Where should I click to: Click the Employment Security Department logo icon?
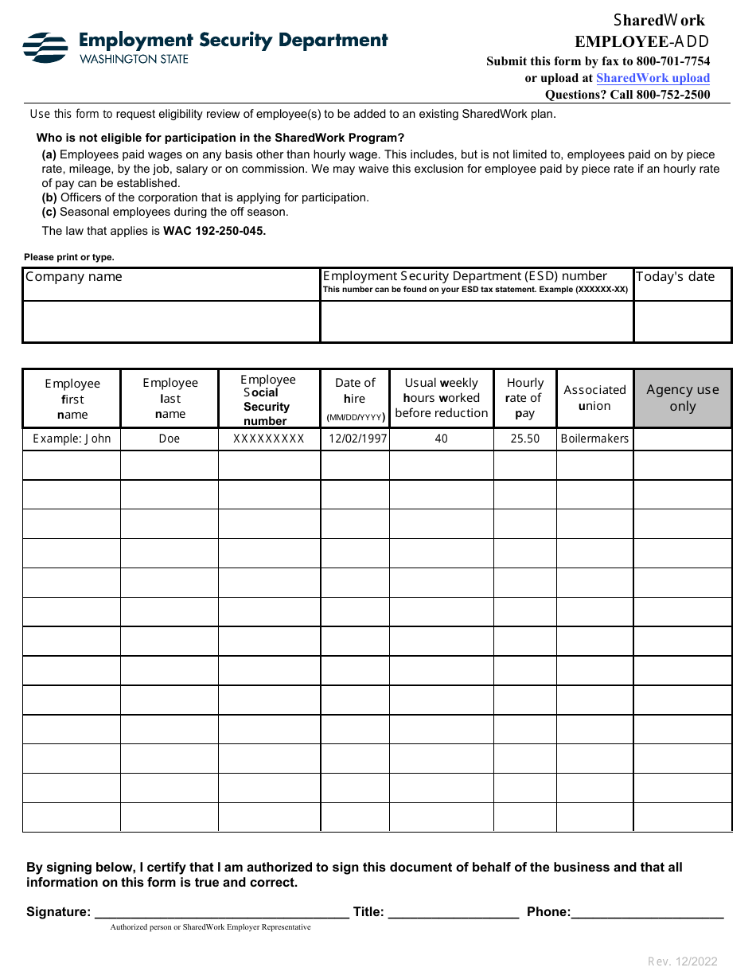click(x=45, y=48)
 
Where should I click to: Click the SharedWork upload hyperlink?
click(x=653, y=78)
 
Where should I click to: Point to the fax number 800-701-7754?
click(x=673, y=61)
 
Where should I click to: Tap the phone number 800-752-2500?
click(x=672, y=95)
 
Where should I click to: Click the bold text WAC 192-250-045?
click(x=214, y=231)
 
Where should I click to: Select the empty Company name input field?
click(x=171, y=322)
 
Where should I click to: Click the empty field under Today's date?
click(x=682, y=322)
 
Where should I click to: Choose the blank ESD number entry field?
click(x=477, y=322)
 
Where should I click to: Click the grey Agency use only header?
click(x=682, y=398)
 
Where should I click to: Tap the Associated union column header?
click(x=594, y=398)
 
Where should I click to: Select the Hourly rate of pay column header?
click(x=524, y=398)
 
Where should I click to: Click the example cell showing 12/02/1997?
click(x=355, y=439)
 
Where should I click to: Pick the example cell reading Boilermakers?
click(x=594, y=439)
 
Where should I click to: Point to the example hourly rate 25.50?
click(x=524, y=439)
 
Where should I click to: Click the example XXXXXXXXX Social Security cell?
click(x=269, y=439)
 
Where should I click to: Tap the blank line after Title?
click(x=454, y=912)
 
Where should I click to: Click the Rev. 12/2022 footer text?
click(x=682, y=961)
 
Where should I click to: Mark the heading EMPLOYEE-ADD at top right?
click(x=641, y=42)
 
